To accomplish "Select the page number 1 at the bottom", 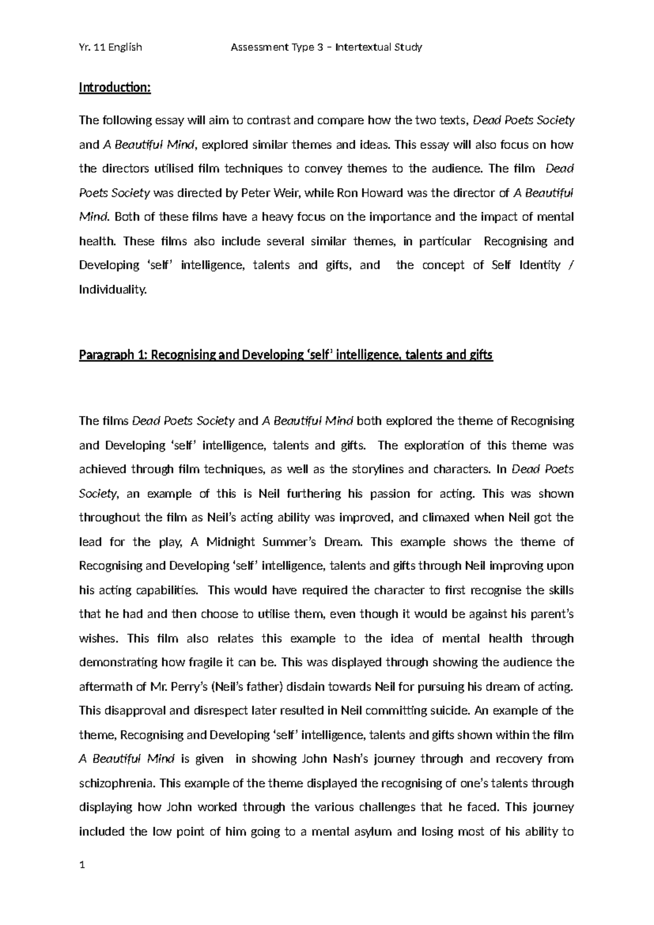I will click(82, 864).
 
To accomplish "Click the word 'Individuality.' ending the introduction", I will click(113, 290).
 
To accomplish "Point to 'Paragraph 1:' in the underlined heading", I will click(113, 356).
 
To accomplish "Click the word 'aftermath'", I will click(105, 687).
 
